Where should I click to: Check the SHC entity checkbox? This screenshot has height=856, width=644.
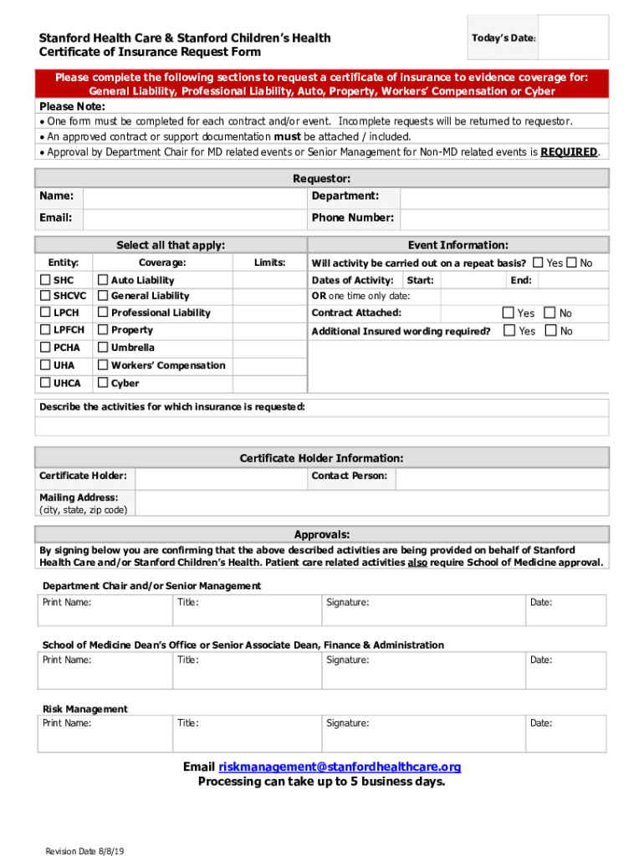pyautogui.click(x=45, y=280)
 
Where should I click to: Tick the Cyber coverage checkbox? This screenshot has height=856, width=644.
pyautogui.click(x=103, y=384)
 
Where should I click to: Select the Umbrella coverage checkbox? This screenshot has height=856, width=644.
pyautogui.click(x=103, y=348)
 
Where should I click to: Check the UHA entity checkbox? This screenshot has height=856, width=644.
pyautogui.click(x=45, y=365)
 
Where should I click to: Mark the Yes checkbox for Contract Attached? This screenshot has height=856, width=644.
pyautogui.click(x=508, y=313)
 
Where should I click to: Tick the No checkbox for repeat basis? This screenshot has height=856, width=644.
pyautogui.click(x=572, y=262)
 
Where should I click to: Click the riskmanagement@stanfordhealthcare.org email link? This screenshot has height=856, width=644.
pyautogui.click(x=340, y=767)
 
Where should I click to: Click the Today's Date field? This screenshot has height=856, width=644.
pyautogui.click(x=572, y=38)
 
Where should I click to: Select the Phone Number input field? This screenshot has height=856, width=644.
pyautogui.click(x=504, y=218)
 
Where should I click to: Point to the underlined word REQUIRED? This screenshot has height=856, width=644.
pyautogui.click(x=569, y=152)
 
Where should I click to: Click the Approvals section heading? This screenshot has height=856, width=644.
pyautogui.click(x=322, y=535)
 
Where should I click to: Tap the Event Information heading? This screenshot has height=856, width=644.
pyautogui.click(x=457, y=245)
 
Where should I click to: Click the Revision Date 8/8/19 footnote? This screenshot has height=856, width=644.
pyautogui.click(x=85, y=851)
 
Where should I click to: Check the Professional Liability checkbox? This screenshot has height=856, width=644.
pyautogui.click(x=103, y=313)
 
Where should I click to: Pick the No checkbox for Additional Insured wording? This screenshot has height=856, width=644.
pyautogui.click(x=549, y=331)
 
